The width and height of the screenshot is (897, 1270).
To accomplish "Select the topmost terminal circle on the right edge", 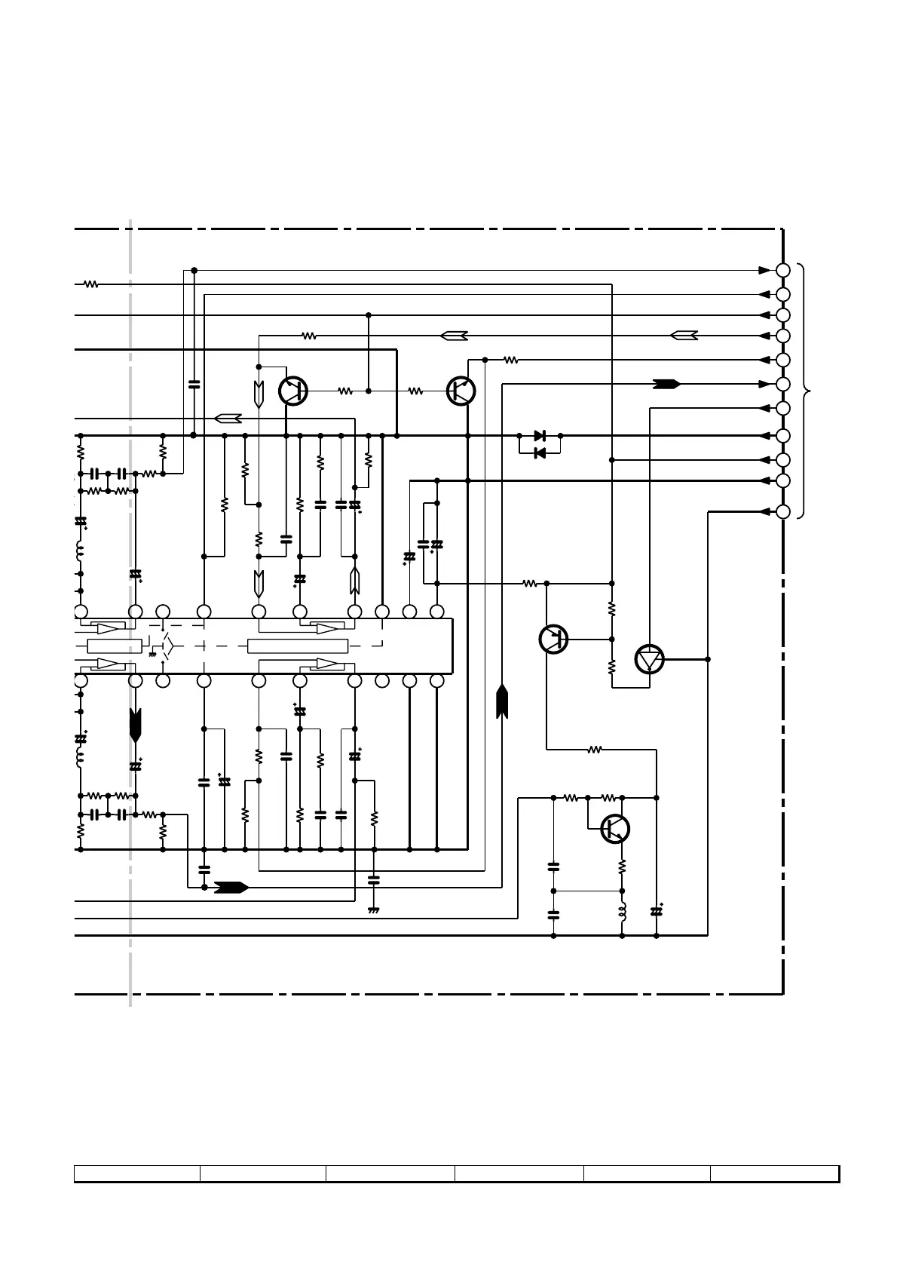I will coord(783,270).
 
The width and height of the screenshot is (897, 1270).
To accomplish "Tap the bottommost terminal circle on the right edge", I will coord(783,511).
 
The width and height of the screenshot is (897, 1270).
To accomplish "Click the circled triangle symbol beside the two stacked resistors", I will coord(648,659).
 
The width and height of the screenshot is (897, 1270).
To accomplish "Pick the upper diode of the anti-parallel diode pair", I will coord(539,436).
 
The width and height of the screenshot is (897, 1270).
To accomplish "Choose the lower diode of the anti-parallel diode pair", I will coord(539,452).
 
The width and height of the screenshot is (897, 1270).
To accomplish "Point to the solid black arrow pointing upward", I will coord(501,701).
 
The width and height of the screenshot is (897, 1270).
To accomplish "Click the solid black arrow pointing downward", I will coord(136,724).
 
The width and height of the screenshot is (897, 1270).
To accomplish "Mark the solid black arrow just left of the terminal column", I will coord(666,384).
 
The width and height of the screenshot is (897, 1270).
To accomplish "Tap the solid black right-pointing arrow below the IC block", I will coord(231,887).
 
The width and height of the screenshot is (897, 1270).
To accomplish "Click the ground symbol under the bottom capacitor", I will coord(373,910).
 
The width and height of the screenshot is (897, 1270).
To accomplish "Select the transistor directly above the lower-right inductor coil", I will coord(615,829).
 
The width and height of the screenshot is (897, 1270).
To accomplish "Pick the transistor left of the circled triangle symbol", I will coord(553,639).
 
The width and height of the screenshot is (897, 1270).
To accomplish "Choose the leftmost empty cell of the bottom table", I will coord(136,1173).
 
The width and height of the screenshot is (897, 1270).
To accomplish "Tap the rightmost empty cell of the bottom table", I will coord(774,1173).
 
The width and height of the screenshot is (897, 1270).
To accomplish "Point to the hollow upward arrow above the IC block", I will coord(354,581).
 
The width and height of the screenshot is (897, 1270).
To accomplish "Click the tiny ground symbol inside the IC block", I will coord(153,653).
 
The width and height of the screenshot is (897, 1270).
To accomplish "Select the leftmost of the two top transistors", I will coord(292,391).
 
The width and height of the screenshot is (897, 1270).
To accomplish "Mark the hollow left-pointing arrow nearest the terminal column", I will coord(684,336).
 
